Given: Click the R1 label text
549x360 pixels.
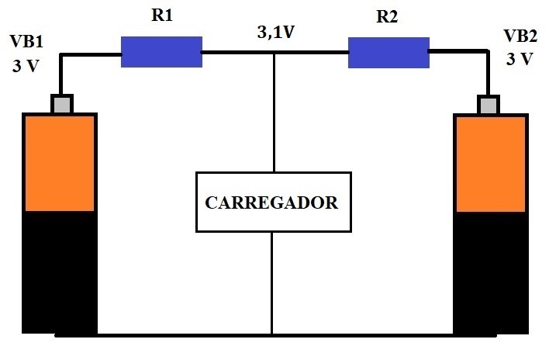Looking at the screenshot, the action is coord(162,16).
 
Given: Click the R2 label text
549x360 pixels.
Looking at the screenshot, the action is coord(387,16).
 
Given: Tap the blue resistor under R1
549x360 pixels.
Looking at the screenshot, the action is coord(161,52).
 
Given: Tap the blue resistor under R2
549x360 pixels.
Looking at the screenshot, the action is coord(388,53).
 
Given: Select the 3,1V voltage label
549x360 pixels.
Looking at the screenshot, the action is coord(276,33).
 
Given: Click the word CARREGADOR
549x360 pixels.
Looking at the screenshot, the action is coord(271,202).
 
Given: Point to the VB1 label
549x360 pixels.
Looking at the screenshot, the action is coord(26,41).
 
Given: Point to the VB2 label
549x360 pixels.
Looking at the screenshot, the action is coord(520,36).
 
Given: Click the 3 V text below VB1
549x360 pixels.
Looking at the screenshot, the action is coord(26,66).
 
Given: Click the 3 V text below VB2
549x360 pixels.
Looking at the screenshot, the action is coord(520,59).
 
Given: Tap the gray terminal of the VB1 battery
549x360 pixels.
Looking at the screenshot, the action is coord(62,104).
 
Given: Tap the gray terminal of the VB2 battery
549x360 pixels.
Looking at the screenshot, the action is coord(489,105).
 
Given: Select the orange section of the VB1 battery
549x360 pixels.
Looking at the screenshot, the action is coord(60,163).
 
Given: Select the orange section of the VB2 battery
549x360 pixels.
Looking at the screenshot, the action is coord(491,164).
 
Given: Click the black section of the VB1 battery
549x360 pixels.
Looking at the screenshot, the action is coord(60,272).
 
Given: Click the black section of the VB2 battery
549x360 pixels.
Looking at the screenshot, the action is coord(491,273).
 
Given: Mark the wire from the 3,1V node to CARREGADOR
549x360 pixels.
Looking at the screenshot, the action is coord(274,112).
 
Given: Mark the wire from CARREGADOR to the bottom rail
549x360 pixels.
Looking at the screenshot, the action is coord(271,283).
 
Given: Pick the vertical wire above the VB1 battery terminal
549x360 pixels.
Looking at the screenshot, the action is coord(61,74).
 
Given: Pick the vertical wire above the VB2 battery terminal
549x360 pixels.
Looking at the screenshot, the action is coord(488,72).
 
